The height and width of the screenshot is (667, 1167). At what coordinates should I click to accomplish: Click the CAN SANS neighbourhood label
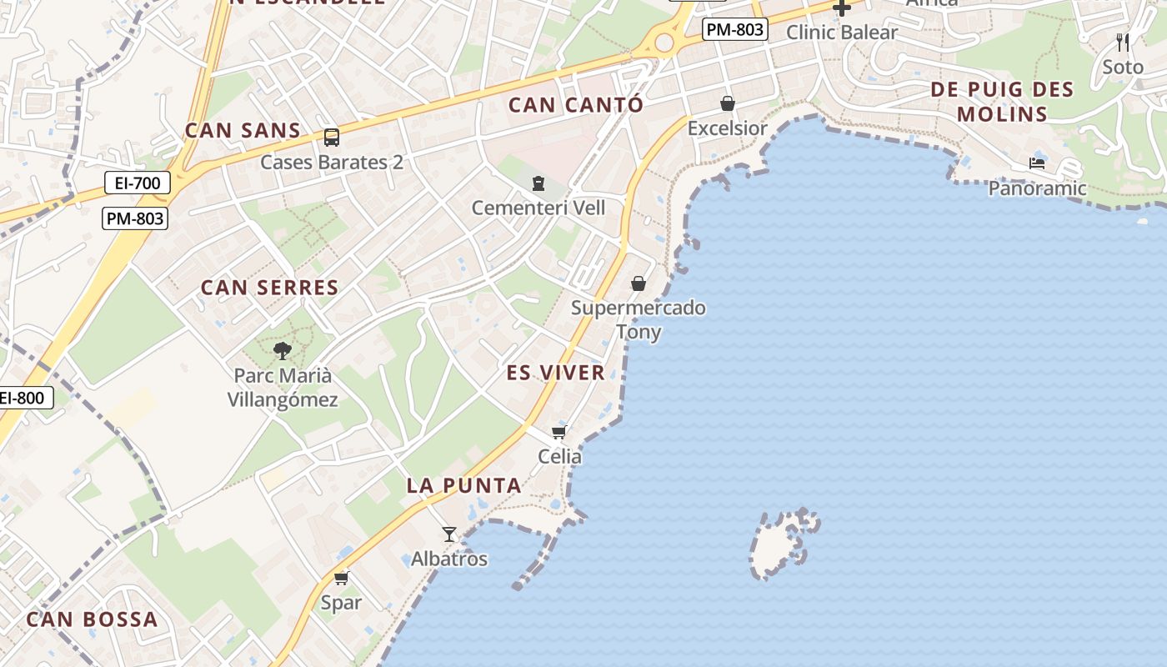pyautogui.click(x=243, y=131)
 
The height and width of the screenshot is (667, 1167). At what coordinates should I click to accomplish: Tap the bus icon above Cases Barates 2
pyautogui.click(x=331, y=138)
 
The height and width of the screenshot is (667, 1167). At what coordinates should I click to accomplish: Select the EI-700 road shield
pyautogui.click(x=138, y=183)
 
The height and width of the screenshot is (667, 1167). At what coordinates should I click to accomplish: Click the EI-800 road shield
pyautogui.click(x=23, y=399)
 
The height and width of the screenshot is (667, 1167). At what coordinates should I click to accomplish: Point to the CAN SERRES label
pyautogui.click(x=269, y=288)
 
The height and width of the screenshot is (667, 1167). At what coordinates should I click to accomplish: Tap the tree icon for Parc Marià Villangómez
pyautogui.click(x=283, y=351)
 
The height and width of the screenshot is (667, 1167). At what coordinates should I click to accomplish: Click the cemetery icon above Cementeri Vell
pyautogui.click(x=538, y=183)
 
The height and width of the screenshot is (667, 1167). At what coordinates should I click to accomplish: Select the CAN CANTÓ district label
pyautogui.click(x=576, y=105)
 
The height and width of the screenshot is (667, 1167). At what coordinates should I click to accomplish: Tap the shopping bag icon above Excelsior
pyautogui.click(x=728, y=103)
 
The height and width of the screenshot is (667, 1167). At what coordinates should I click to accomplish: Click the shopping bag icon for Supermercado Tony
pyautogui.click(x=639, y=283)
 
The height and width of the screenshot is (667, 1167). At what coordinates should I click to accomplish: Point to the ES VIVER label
pyautogui.click(x=556, y=373)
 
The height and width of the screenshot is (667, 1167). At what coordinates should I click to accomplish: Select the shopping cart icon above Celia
pyautogui.click(x=559, y=432)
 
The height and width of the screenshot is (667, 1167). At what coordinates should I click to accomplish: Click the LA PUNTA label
pyautogui.click(x=463, y=485)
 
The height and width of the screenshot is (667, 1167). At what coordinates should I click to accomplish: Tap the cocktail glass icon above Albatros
pyautogui.click(x=449, y=534)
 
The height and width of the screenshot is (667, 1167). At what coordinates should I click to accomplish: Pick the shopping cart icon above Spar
pyautogui.click(x=341, y=578)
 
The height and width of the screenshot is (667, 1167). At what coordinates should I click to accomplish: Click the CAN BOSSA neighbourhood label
pyautogui.click(x=92, y=619)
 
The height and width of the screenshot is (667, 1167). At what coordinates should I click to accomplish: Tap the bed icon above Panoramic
pyautogui.click(x=1037, y=163)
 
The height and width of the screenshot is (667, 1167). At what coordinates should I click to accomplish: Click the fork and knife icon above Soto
pyautogui.click(x=1123, y=43)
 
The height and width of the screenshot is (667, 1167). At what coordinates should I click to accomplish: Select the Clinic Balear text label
pyautogui.click(x=842, y=33)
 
